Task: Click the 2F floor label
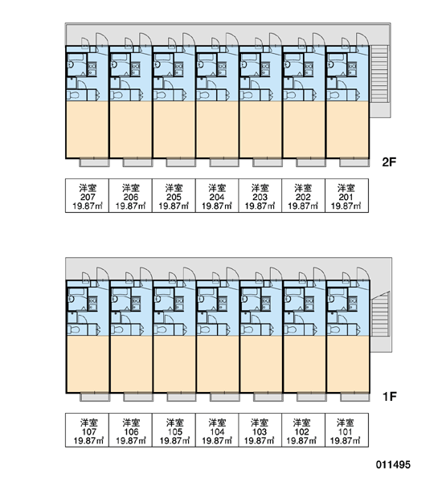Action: (x=389, y=161)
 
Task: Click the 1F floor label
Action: (x=390, y=397)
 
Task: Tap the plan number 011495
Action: (x=393, y=464)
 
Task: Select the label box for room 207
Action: (x=87, y=195)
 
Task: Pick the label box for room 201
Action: (x=346, y=195)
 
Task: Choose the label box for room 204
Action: (x=217, y=195)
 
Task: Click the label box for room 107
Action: (x=87, y=430)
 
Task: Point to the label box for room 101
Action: (x=346, y=430)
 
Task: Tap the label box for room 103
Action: (x=260, y=430)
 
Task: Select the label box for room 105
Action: (x=174, y=430)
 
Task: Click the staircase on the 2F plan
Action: (x=380, y=74)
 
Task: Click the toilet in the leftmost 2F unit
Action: (x=73, y=95)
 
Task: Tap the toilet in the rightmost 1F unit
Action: (x=333, y=330)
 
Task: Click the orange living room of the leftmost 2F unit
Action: (x=88, y=129)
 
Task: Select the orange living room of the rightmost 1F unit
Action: (x=348, y=364)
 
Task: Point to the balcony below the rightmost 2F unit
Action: (x=354, y=162)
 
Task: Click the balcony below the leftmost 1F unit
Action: (x=95, y=397)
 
